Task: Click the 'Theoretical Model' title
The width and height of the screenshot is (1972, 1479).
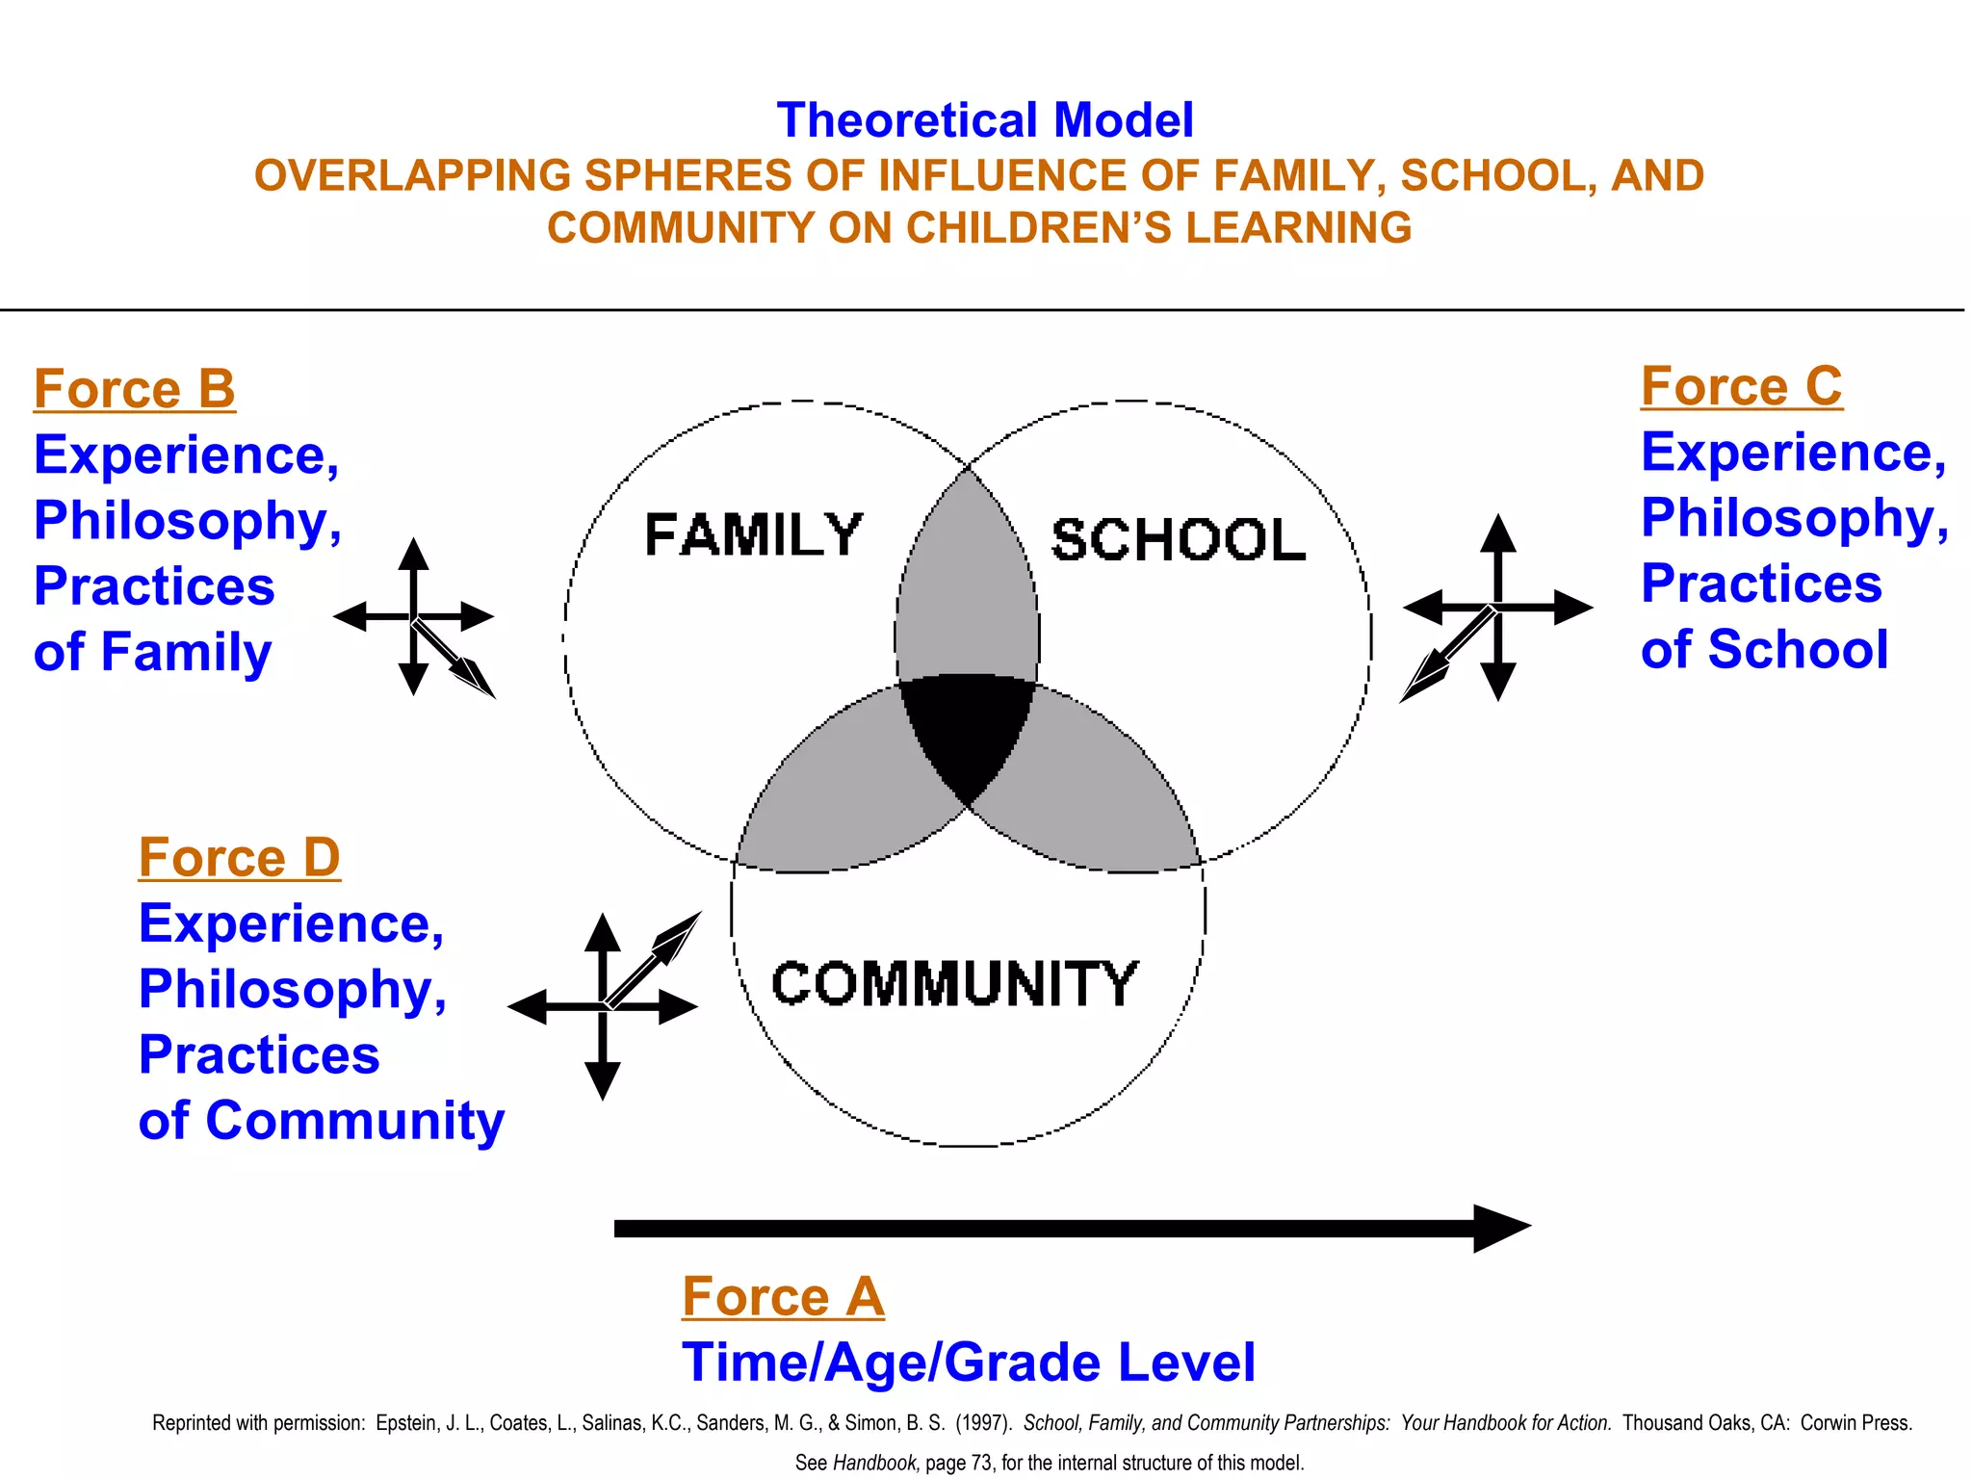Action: point(984,121)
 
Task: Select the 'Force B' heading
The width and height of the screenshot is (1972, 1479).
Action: point(134,389)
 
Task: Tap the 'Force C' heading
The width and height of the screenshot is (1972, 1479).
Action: point(1741,386)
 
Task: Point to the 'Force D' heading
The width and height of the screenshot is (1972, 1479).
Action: point(239,857)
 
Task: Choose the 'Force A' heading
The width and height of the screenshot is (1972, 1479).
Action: point(782,1296)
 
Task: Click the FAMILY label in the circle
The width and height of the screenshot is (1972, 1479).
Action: point(753,535)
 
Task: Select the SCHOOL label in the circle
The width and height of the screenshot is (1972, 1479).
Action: point(1178,540)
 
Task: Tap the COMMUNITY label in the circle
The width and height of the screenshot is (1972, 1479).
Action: point(954,984)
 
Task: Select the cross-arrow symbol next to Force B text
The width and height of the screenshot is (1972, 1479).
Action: point(414,617)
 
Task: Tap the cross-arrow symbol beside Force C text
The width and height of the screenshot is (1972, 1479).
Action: point(1497,608)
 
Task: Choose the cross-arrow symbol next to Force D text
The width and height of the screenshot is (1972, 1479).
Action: point(603,1007)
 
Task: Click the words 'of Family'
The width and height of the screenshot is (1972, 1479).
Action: point(152,652)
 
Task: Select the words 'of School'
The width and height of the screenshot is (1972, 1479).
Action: point(1764,649)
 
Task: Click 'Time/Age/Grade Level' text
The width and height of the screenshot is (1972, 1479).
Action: point(968,1362)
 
